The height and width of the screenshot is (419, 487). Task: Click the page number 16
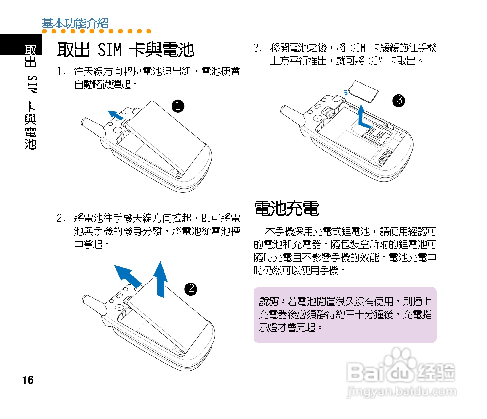coord(28,380)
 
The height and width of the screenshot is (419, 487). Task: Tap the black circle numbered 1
coord(178,106)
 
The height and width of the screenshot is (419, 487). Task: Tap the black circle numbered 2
coord(191,289)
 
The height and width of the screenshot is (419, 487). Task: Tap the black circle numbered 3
coord(399,101)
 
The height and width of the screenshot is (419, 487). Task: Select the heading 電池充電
coord(286,208)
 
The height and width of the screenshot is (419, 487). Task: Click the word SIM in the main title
coord(110,49)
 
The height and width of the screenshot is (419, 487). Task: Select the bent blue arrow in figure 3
coord(362,118)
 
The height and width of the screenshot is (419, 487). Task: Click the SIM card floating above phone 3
coord(363,91)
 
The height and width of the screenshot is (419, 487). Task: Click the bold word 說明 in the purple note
coord(268,302)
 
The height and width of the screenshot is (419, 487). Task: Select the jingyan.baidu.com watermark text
coord(401,392)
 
